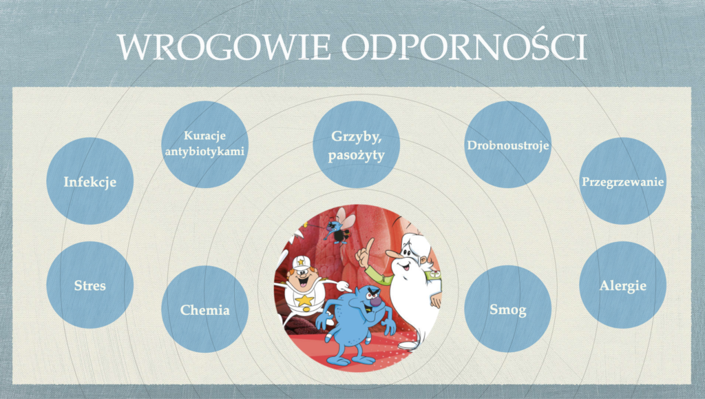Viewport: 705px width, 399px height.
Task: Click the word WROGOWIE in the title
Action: [224, 46]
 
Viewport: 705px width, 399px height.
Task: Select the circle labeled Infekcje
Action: [90, 181]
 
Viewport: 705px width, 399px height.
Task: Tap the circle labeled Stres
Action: [90, 285]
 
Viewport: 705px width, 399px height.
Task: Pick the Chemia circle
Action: [204, 309]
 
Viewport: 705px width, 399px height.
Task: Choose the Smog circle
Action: [507, 309]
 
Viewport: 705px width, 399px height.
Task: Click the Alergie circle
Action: [622, 285]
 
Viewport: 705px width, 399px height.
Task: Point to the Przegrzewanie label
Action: [622, 182]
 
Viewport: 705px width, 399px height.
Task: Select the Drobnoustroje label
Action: [507, 145]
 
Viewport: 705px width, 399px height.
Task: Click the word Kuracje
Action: [204, 135]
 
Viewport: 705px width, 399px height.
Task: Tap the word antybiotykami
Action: [204, 151]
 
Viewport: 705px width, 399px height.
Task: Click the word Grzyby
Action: [356, 136]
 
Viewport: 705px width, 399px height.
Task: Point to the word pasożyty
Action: [356, 156]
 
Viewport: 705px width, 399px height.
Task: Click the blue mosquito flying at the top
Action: [340, 226]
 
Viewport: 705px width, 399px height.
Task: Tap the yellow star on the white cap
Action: [300, 262]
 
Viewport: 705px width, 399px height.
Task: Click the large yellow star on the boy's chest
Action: [304, 300]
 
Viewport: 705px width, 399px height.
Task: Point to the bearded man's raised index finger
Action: [369, 247]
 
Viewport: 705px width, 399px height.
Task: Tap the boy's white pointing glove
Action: [344, 286]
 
